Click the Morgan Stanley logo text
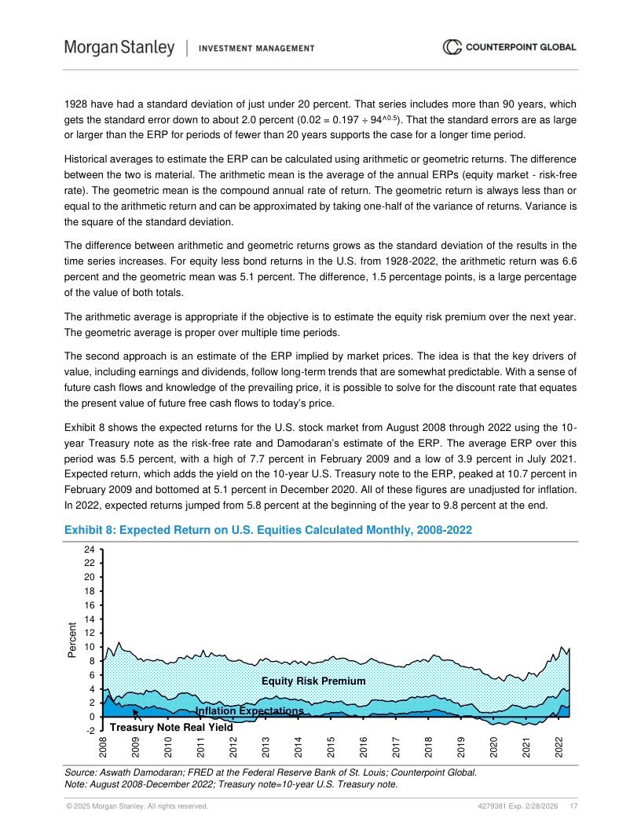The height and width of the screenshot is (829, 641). [x=119, y=47]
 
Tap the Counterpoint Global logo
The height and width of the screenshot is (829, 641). [x=510, y=47]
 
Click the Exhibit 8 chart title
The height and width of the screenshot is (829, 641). [x=268, y=531]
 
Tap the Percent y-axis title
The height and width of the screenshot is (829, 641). [x=72, y=641]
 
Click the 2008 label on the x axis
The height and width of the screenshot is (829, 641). [x=103, y=747]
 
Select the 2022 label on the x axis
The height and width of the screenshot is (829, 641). [x=559, y=747]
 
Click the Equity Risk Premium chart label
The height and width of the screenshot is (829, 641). [x=313, y=681]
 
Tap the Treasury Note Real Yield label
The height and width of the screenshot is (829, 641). [x=170, y=727]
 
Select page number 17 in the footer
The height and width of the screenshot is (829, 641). [x=574, y=806]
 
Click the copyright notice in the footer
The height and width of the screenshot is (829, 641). [x=136, y=806]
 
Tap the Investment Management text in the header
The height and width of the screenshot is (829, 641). [x=257, y=48]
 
